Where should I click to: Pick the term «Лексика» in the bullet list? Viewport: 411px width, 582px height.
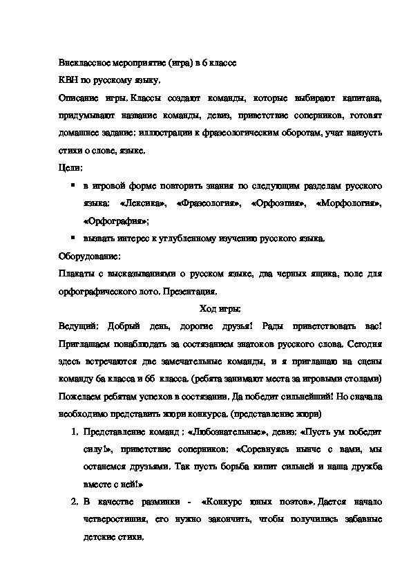pyautogui.click(x=143, y=204)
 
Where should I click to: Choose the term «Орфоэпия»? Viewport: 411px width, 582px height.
pyautogui.click(x=276, y=204)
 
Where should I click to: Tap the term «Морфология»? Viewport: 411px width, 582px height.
pyautogui.click(x=349, y=204)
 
